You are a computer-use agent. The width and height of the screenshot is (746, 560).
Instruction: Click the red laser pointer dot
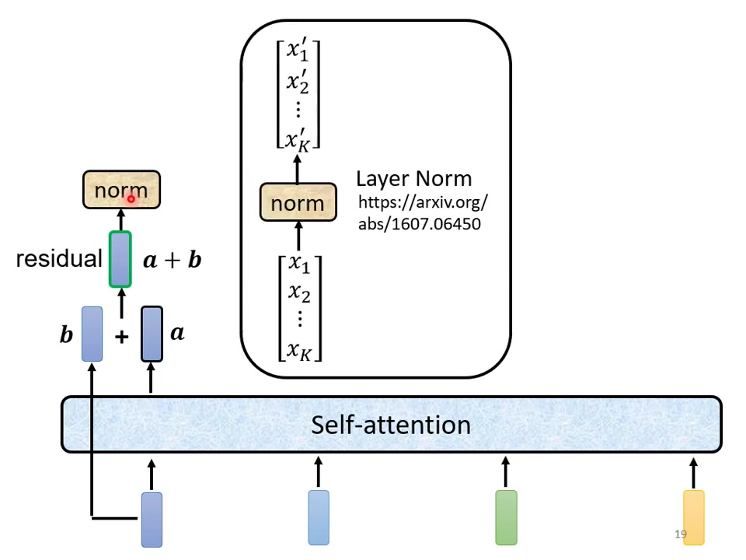[x=131, y=199]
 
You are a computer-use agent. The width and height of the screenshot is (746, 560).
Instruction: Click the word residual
[x=59, y=259]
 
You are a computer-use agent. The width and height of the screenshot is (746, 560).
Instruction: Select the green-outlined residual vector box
[x=120, y=259]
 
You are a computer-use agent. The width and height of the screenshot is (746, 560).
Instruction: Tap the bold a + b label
[x=173, y=260]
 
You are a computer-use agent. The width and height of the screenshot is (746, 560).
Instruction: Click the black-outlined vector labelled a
[x=152, y=334]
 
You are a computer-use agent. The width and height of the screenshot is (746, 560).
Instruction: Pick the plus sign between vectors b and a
[x=121, y=336]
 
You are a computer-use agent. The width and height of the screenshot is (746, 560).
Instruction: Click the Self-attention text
[x=391, y=425]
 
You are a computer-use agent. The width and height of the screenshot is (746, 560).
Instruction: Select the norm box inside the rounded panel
[x=298, y=204]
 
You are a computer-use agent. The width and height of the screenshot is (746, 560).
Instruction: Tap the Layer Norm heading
[x=413, y=178]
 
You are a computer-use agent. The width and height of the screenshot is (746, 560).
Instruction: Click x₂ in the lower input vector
[x=299, y=292]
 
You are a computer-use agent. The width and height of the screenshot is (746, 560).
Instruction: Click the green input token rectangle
[x=506, y=517]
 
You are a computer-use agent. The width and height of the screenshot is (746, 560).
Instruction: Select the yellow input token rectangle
[x=693, y=517]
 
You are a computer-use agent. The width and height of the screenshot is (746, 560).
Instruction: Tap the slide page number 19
[x=681, y=535]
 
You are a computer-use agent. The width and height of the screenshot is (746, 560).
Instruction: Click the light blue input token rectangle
[x=319, y=517]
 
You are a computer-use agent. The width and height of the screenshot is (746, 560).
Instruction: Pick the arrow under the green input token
[x=506, y=471]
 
